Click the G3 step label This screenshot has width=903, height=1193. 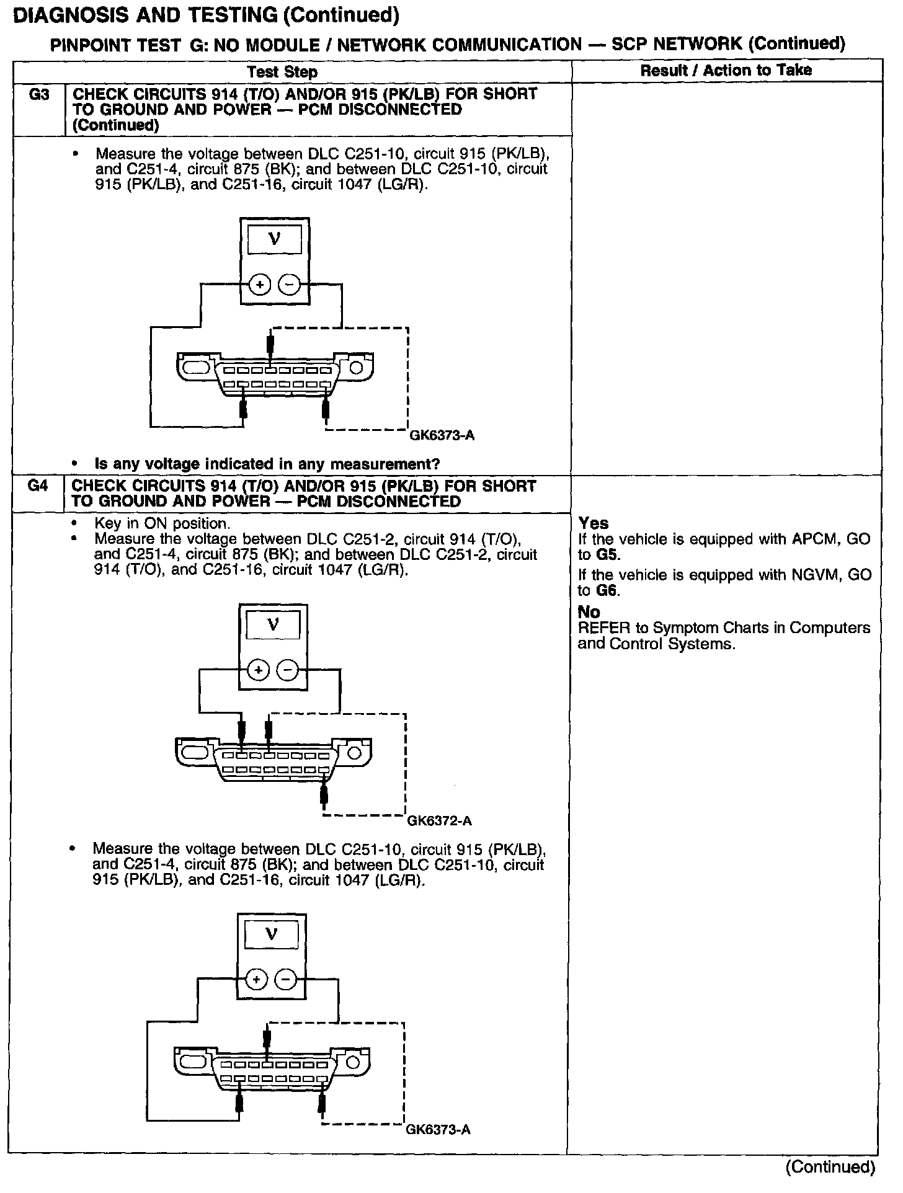click(39, 95)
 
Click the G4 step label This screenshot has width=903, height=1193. click(38, 486)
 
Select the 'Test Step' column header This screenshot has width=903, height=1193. click(282, 72)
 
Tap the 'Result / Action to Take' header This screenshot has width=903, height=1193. click(726, 70)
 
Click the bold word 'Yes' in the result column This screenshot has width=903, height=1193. click(594, 523)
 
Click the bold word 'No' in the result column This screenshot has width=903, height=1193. click(589, 612)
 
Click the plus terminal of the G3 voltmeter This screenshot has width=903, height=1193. click(260, 285)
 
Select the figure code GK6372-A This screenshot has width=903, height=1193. click(440, 821)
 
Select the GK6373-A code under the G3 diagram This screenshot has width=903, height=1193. click(442, 435)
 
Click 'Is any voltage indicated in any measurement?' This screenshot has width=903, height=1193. click(267, 464)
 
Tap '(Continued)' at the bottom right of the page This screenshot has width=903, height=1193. click(830, 1167)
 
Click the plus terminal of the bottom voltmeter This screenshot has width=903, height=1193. click(257, 980)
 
